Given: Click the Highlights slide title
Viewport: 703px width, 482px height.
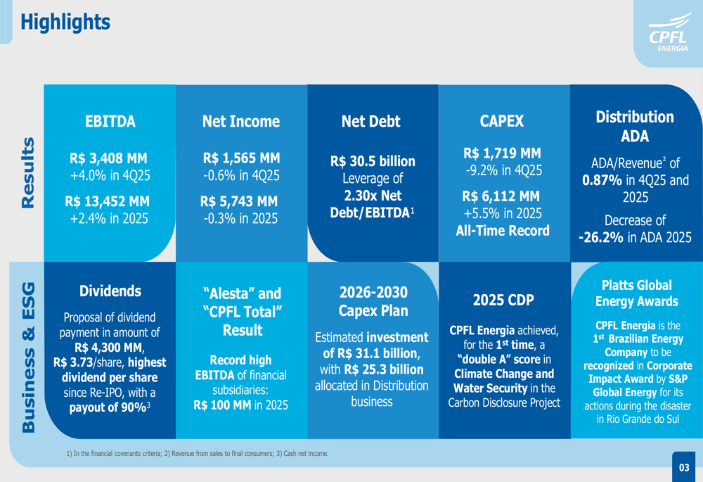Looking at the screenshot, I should tap(65, 22).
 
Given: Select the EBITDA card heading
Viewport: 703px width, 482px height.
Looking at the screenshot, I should tap(110, 121).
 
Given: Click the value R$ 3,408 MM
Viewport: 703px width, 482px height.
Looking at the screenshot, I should tap(108, 158).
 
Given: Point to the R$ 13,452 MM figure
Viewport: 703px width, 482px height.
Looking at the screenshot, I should tap(108, 201).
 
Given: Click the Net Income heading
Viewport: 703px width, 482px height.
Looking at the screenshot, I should tap(240, 121).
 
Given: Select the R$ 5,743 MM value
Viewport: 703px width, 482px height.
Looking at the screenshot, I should tap(240, 201).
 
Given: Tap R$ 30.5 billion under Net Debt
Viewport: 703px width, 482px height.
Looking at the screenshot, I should tap(373, 161).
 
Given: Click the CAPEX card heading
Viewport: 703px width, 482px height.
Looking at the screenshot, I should tap(501, 121).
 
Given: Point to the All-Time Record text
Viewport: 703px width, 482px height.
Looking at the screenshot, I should tap(501, 230).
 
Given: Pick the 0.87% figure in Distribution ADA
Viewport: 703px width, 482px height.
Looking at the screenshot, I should tap(602, 179).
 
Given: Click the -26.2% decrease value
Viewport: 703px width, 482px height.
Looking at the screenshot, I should tap(600, 238).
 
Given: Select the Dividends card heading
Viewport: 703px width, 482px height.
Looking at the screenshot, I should tap(110, 291).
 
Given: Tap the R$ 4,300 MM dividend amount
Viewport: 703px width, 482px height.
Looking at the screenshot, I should tap(108, 347).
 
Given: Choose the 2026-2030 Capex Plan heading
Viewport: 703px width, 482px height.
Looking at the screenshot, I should tap(373, 301).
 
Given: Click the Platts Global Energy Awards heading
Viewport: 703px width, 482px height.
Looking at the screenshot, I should tap(636, 293).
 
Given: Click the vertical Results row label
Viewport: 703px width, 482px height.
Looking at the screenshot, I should tap(26, 172).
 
